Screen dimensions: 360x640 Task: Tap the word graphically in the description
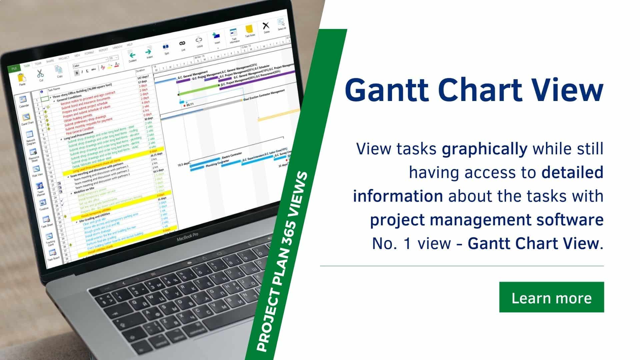point(484,149)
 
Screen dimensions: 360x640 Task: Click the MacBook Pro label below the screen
point(187,238)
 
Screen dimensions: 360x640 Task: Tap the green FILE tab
point(14,68)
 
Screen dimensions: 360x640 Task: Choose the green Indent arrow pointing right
point(149,52)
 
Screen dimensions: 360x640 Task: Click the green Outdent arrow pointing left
point(132,55)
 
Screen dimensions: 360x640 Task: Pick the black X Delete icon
point(266,26)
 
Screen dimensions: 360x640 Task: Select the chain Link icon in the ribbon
point(182,44)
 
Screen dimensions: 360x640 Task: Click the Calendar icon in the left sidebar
point(23,100)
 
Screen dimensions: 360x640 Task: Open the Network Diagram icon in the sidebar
point(30,135)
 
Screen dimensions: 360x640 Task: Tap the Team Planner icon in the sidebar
point(40,186)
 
